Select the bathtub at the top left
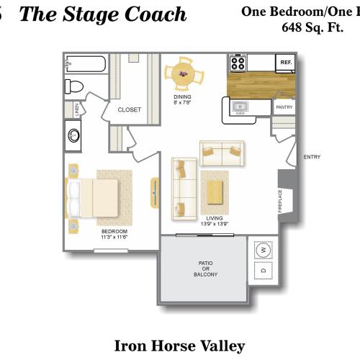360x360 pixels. click(85, 65)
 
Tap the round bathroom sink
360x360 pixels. click(74, 135)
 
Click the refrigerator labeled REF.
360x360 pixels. click(285, 63)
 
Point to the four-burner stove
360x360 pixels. click(238, 63)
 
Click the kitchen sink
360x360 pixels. click(240, 109)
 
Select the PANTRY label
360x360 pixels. click(284, 107)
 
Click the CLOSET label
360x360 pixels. click(130, 109)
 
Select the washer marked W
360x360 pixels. click(264, 251)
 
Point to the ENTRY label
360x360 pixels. click(312, 157)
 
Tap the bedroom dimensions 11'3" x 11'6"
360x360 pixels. click(114, 235)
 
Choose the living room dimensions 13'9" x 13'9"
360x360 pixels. click(214, 223)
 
